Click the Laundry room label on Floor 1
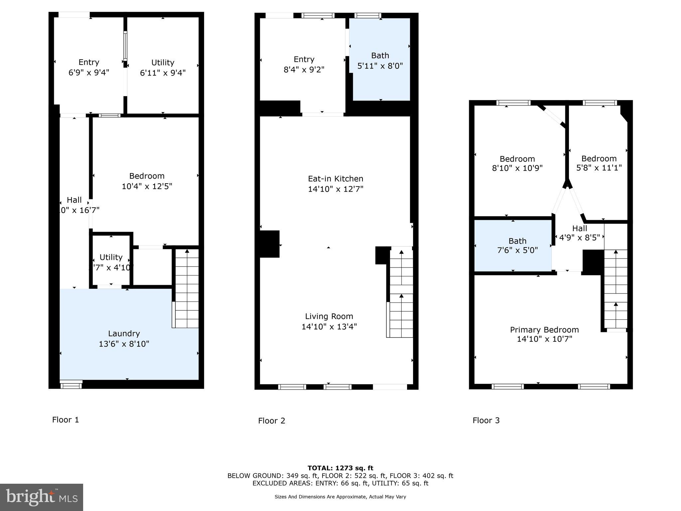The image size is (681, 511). [124, 333]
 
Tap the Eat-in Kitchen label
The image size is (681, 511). [335, 179]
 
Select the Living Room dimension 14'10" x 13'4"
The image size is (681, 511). [329, 327]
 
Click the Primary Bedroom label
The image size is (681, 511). [544, 330]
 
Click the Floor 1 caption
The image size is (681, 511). [66, 420]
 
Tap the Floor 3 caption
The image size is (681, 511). [486, 421]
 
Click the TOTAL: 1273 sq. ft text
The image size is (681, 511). [340, 468]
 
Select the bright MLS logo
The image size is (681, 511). [41, 497]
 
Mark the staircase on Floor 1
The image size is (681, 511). [187, 288]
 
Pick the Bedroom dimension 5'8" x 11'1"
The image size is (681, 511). [599, 168]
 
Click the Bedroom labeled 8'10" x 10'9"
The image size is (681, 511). [517, 163]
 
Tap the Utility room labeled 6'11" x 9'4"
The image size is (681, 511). [163, 68]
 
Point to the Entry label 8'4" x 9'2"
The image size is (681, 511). [304, 64]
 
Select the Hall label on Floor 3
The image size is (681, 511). [579, 228]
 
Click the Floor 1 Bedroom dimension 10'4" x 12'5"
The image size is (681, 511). [147, 186]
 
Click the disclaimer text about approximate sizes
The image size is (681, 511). [340, 497]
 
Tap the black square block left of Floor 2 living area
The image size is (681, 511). [269, 244]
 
